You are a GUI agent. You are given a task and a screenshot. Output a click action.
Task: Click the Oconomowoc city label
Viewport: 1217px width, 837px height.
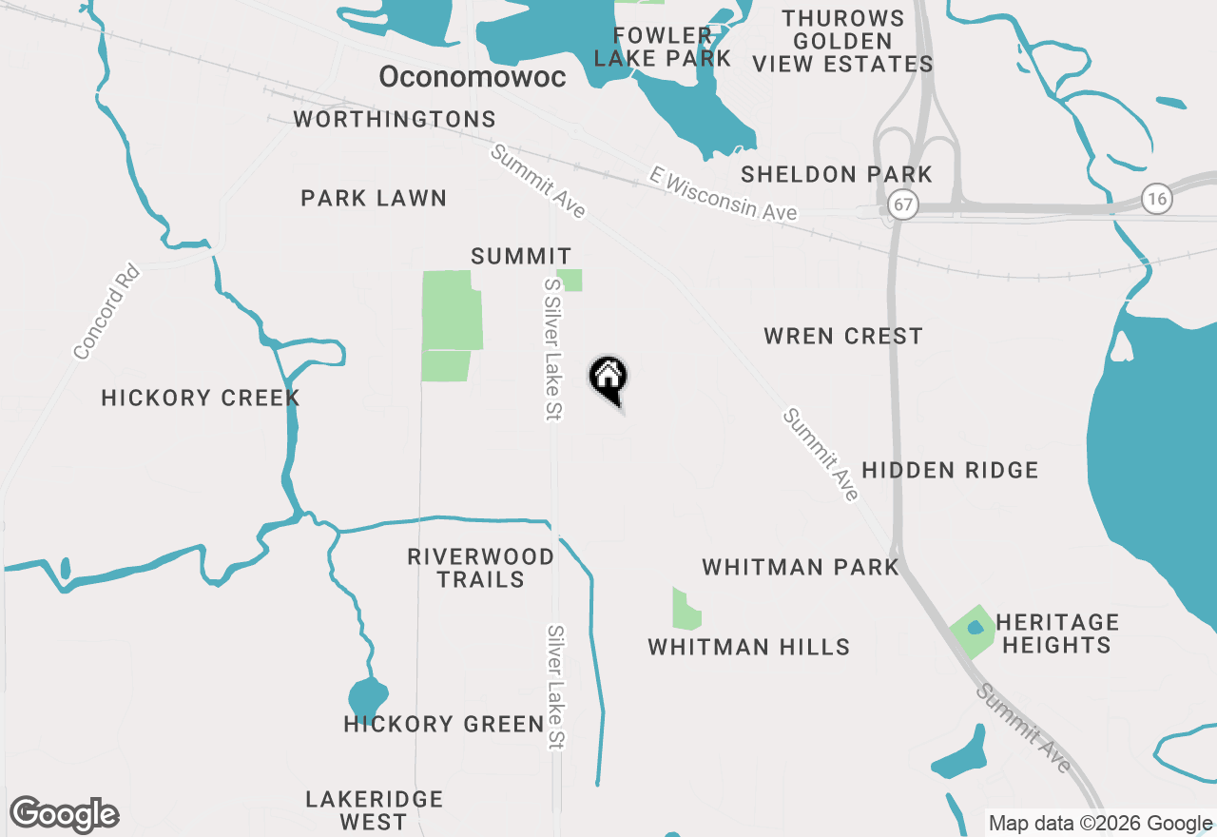coord(473,77)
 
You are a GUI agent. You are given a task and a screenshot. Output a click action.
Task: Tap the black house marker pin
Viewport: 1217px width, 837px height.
coord(608,378)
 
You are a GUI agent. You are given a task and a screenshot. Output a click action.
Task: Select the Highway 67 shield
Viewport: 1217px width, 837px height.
coord(903,204)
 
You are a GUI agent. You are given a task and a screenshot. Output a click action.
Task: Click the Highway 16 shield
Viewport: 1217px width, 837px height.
coord(1157,198)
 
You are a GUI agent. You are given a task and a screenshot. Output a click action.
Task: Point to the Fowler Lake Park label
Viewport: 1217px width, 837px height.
coord(663,47)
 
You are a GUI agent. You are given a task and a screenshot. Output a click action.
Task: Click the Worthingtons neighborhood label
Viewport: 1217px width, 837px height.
coord(395,119)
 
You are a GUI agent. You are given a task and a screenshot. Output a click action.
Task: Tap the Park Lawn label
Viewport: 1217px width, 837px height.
coord(374,198)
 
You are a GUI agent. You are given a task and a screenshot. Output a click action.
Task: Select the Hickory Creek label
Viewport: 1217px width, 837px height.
coord(201,398)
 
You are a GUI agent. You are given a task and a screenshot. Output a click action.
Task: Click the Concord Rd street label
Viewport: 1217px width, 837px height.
coord(106,312)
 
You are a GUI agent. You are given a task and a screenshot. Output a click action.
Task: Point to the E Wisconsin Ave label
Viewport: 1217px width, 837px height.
coord(724,193)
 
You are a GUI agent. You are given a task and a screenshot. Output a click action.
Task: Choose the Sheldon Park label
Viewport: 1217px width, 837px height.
coord(837,174)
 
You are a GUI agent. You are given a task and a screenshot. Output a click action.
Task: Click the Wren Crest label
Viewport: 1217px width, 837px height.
coord(843,336)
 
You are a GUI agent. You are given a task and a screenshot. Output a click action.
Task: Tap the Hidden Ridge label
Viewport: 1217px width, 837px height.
coord(950,470)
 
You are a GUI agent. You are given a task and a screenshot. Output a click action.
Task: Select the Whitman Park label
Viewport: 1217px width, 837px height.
coord(801,568)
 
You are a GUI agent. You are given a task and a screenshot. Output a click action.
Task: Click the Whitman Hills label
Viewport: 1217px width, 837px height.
coord(749,647)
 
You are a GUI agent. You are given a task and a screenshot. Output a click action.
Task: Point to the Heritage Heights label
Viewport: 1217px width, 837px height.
coord(1057,633)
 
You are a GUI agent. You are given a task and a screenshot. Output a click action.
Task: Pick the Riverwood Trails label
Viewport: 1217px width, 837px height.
coord(481,568)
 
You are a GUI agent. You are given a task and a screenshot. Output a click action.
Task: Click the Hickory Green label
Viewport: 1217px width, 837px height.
coord(444,725)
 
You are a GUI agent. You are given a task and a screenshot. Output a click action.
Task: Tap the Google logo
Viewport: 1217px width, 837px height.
coord(65,814)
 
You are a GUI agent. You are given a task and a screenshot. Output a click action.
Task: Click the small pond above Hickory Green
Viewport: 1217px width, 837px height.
coord(367,697)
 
